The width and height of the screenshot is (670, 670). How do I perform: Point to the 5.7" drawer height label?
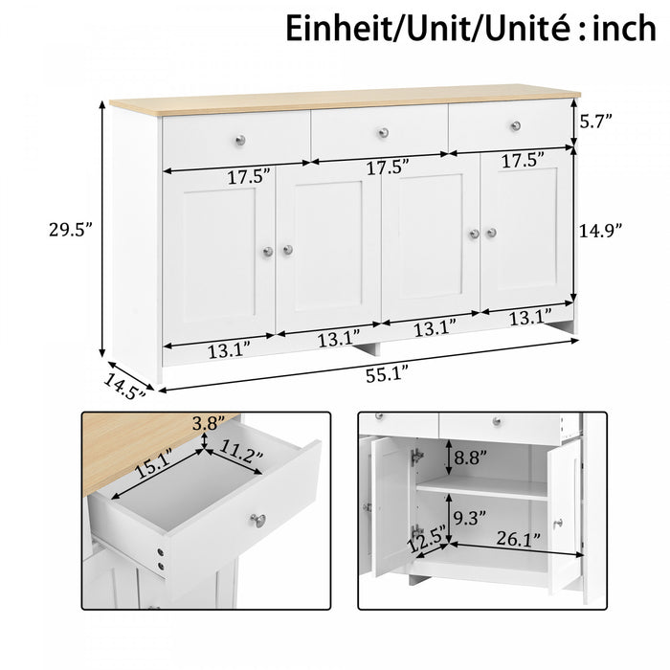[595, 121]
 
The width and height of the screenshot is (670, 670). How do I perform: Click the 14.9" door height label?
[601, 230]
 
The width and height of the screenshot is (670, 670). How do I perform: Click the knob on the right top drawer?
[515, 125]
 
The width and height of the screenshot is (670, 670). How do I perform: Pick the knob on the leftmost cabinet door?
[269, 251]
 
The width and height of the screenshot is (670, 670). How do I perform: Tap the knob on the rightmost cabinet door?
[492, 233]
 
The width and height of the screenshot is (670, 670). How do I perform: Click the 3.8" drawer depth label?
[210, 422]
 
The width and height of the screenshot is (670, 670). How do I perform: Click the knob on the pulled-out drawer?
[257, 520]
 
